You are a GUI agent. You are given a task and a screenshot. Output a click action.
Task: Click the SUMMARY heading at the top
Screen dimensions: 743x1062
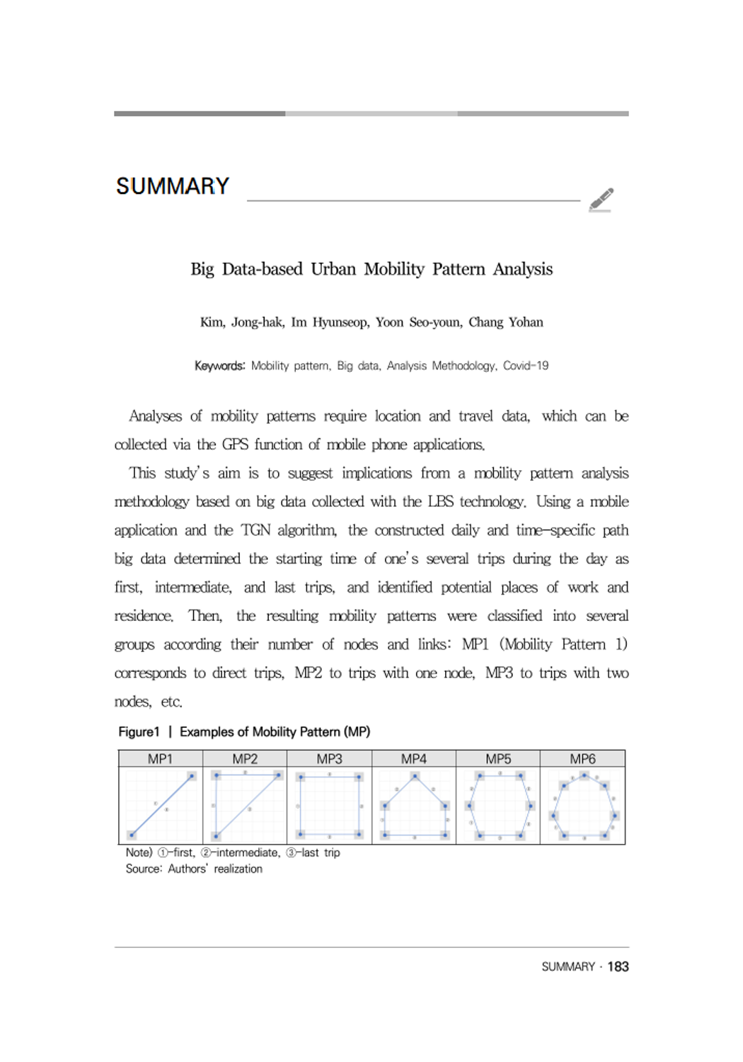(173, 186)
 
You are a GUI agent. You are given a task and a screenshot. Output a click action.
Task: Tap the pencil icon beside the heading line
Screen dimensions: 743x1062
(601, 200)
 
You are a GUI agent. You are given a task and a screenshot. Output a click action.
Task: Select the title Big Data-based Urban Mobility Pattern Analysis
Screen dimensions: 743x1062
(371, 269)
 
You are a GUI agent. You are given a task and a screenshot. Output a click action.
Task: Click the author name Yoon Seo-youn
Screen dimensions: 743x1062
(418, 322)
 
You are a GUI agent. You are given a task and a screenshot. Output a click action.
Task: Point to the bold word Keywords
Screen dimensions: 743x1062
(219, 366)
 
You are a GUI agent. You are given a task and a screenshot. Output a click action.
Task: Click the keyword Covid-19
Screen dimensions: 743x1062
(526, 366)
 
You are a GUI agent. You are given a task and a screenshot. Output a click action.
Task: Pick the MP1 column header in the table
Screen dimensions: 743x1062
(160, 759)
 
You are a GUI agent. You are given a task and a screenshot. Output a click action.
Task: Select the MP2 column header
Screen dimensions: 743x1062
(245, 759)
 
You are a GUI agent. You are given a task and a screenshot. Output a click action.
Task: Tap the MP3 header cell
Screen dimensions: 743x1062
(329, 759)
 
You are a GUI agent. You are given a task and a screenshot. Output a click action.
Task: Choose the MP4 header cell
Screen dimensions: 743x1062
(414, 759)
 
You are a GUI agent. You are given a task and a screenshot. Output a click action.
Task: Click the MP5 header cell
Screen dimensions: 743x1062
(498, 759)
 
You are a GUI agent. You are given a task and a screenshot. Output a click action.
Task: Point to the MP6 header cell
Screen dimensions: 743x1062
(582, 759)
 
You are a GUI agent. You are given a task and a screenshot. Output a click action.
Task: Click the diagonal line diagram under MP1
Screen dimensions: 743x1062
(161, 806)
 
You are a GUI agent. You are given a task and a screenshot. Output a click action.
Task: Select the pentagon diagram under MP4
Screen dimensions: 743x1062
(415, 806)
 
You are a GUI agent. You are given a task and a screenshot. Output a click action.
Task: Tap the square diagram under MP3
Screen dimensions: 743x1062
(330, 806)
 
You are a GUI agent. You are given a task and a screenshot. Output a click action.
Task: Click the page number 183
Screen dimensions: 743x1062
(618, 966)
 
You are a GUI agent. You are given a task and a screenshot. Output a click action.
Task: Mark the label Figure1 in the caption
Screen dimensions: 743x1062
(139, 732)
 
